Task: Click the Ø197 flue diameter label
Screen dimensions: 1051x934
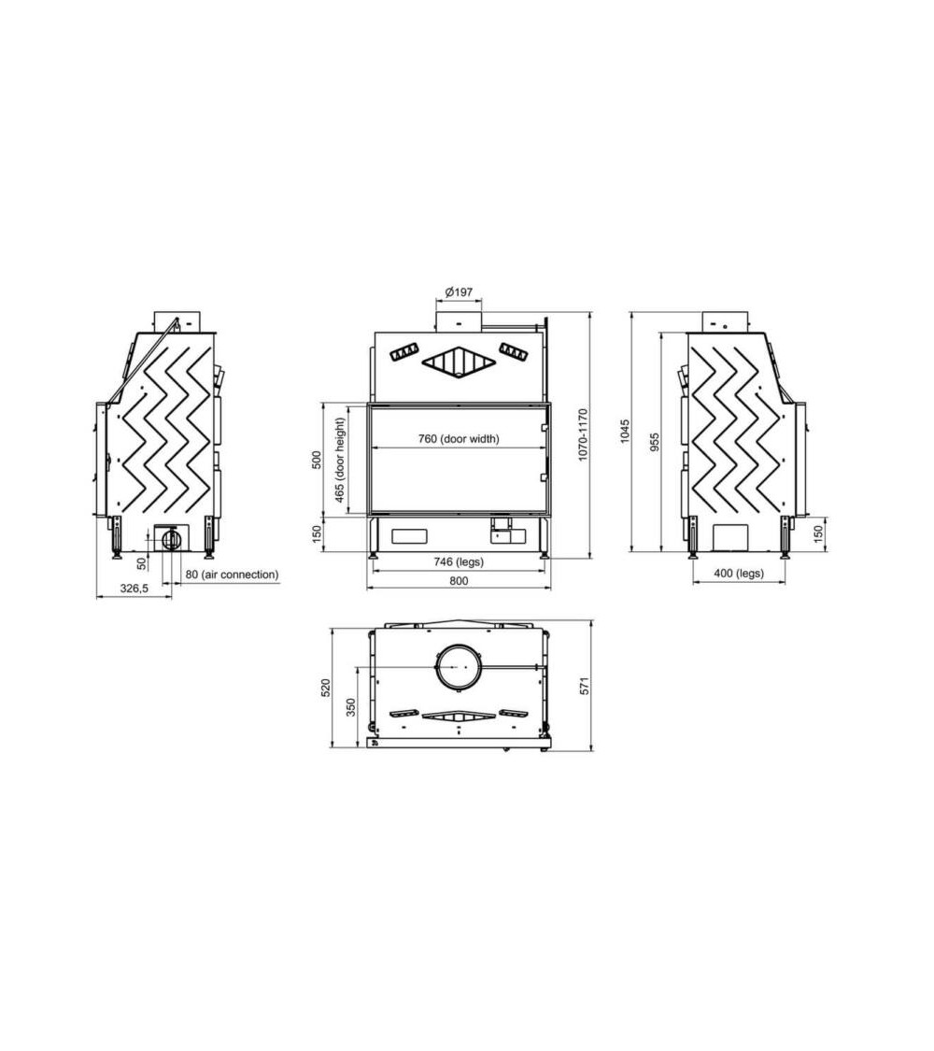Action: point(459,292)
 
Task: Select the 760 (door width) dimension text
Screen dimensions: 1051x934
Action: point(458,438)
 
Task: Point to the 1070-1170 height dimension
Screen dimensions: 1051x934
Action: point(583,434)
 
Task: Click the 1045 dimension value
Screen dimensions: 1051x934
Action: point(625,431)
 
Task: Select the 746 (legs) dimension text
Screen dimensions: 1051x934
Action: point(458,562)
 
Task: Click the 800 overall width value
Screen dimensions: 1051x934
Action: point(458,581)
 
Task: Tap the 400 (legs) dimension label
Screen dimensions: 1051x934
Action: point(738,574)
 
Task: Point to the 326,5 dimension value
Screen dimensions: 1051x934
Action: point(134,589)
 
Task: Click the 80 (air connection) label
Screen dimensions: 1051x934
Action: point(232,575)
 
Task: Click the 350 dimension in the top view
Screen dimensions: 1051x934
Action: point(350,706)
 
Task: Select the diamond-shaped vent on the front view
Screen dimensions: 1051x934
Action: point(458,363)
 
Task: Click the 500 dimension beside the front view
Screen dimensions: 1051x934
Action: point(317,460)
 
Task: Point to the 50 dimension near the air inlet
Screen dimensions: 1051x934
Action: point(141,563)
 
